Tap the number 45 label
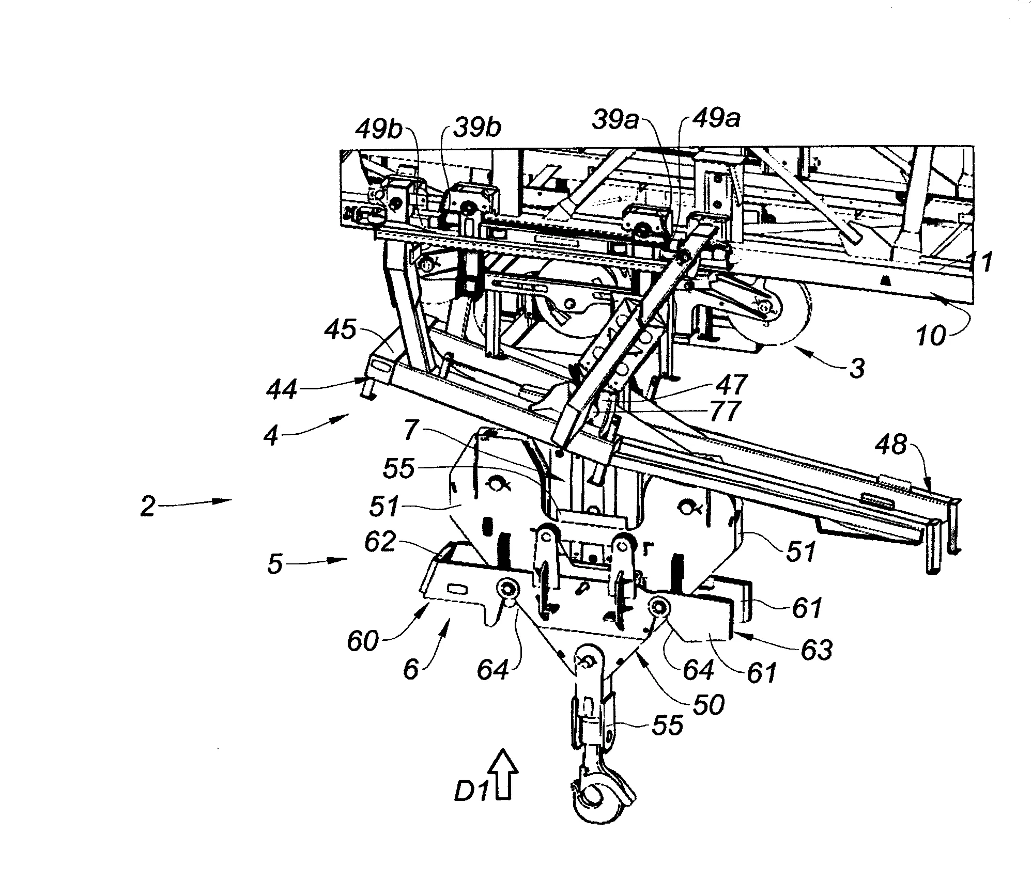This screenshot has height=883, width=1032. point(341,331)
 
